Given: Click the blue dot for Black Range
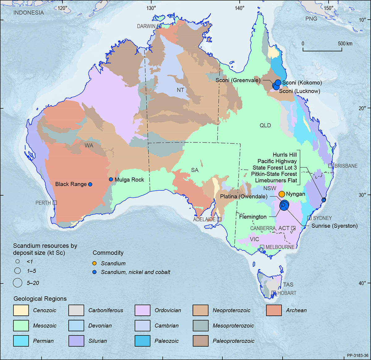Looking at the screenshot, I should click(90, 184).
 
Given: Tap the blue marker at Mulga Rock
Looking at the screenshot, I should click(111, 180).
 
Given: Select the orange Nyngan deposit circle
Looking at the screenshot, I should click(282, 194).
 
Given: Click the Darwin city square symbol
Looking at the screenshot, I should click(159, 26).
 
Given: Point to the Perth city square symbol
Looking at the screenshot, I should click(55, 203).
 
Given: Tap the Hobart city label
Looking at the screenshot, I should click(287, 293).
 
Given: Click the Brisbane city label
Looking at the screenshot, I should click(346, 166).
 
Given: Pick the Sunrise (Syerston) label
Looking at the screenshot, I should click(334, 226).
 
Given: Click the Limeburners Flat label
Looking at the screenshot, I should click(276, 180).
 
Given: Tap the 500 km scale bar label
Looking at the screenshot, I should click(345, 44).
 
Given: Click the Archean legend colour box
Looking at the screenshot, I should click(274, 310).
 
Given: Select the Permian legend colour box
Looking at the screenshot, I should click(21, 341).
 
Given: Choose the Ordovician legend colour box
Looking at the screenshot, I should click(143, 310).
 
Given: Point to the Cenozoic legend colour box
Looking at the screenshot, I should click(21, 310).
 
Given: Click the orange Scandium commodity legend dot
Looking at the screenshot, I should click(95, 264).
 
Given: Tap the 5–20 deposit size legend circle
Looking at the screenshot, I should click(18, 283).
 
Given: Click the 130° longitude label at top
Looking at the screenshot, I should click(151, 8).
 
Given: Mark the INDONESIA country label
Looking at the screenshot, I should click(28, 13).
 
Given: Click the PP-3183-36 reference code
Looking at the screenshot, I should click(357, 356).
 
